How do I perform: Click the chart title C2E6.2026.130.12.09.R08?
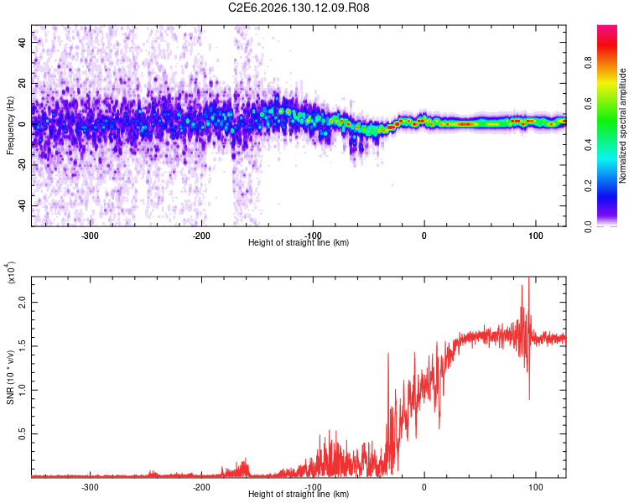(x=299, y=8)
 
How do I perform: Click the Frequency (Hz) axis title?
(x=10, y=126)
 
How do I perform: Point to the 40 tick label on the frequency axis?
(x=22, y=42)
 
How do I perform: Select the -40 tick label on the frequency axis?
(x=22, y=205)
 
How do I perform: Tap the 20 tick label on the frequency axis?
(x=22, y=83)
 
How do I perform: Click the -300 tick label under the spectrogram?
(x=90, y=236)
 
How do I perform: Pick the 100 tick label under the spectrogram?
(x=536, y=236)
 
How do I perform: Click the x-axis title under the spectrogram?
(x=299, y=242)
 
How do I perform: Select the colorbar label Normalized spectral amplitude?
(x=622, y=126)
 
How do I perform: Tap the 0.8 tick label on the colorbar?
(x=589, y=63)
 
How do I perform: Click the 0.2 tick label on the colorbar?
(x=589, y=186)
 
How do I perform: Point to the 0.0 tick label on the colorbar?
(x=589, y=227)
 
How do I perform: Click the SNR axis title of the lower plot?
(x=10, y=377)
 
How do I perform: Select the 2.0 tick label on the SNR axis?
(x=22, y=302)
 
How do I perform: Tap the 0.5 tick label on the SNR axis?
(x=22, y=433)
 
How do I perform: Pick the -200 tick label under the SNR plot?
(x=201, y=487)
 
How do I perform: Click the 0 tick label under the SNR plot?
(x=424, y=487)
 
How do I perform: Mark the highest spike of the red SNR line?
(x=529, y=277)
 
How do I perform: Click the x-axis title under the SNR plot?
(x=299, y=494)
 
